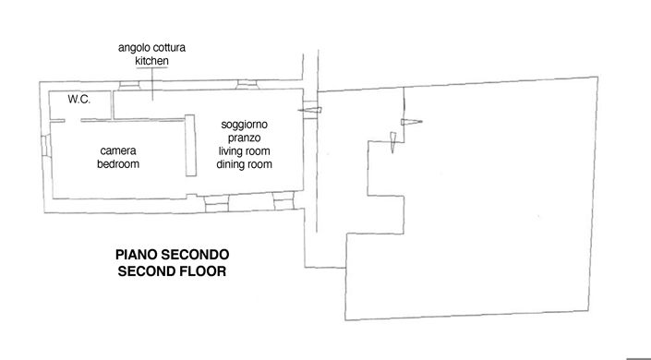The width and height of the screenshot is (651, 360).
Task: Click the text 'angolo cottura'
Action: (x=153, y=47)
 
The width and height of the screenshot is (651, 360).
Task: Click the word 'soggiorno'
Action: (x=245, y=125)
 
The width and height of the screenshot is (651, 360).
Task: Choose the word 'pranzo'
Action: (x=245, y=138)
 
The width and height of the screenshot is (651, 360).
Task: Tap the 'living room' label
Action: (x=245, y=150)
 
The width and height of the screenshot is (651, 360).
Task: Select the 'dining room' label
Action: (x=245, y=163)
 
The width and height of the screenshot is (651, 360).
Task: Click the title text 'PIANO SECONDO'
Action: (x=171, y=255)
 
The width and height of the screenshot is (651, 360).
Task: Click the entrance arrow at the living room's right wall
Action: (x=311, y=110)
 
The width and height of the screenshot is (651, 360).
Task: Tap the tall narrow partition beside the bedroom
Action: (x=190, y=145)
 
